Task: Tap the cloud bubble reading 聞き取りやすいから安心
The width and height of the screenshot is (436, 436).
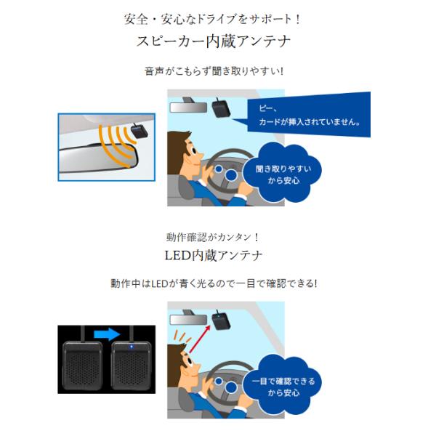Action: point(287,174)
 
